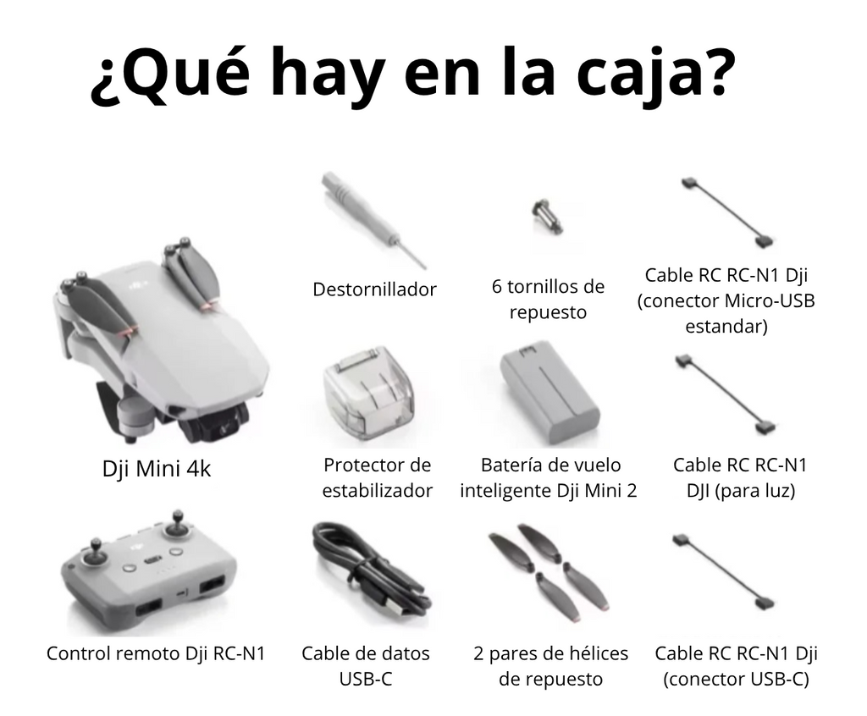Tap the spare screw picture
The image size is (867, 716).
547,215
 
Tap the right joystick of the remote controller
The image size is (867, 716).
177,525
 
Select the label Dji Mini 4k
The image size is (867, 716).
157,468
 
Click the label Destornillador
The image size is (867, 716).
374,289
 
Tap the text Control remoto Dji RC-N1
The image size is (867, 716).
156,653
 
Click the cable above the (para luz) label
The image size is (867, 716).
729,394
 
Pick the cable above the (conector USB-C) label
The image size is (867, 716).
727,571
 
